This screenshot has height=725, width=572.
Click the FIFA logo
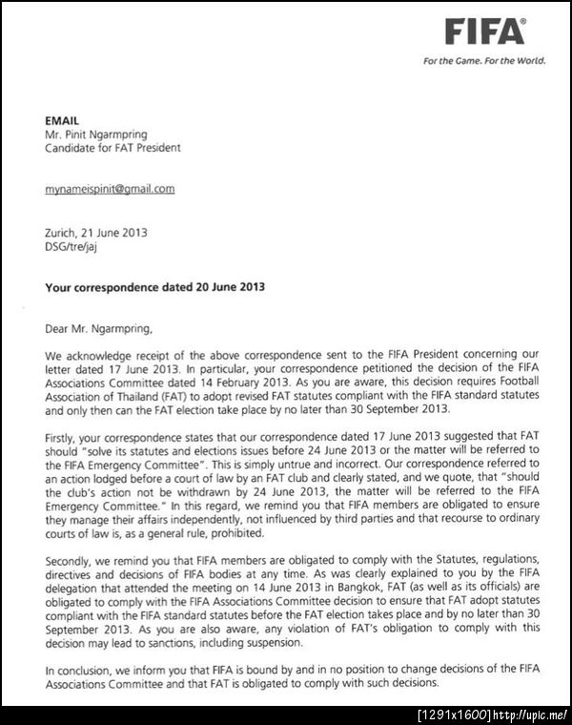point(484,32)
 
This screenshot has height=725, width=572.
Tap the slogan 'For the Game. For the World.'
point(485,61)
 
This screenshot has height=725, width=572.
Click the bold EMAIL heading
point(63,121)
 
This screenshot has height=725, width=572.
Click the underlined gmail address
point(110,189)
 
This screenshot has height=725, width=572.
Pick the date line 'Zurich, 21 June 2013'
point(96,232)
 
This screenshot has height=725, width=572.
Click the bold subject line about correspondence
point(155,286)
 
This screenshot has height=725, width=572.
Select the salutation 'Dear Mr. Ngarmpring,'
point(98,330)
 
